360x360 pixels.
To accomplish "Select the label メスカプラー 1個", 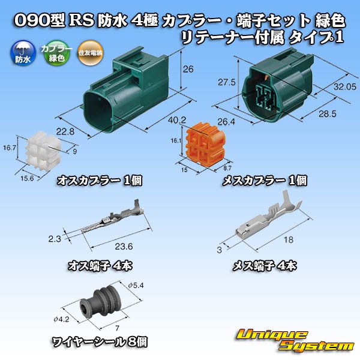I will (265, 179).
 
